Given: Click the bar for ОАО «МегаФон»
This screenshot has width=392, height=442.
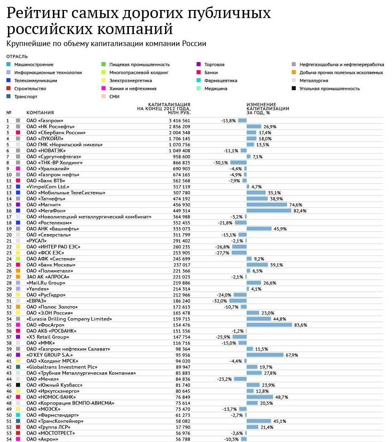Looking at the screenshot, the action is point(269,210).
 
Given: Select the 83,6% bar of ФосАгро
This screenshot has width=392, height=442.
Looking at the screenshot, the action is point(269,325).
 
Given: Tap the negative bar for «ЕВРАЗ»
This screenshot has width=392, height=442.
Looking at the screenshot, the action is point(238,301).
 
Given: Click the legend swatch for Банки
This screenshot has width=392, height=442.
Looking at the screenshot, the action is point(199,73).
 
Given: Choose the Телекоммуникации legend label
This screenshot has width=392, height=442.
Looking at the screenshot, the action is point(36,81).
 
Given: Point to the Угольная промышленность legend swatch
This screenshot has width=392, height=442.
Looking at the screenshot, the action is point(294,89).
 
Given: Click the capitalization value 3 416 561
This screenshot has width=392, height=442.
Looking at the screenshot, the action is point(179,121).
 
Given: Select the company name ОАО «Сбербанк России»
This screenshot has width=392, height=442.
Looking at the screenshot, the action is point(56,133).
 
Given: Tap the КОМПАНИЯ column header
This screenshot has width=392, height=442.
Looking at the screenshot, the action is point(40,113).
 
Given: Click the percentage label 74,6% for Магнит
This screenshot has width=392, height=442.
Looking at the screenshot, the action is point(296,205).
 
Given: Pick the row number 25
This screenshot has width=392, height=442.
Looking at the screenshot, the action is point(9,265).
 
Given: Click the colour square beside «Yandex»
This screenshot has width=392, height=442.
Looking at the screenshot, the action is point(18,289).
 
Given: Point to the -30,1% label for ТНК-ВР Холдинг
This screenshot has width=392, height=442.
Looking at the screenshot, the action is point(221,163).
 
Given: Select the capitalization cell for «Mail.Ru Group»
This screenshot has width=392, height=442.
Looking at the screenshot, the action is point(182,283).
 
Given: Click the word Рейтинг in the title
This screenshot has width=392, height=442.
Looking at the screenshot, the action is point(37,13).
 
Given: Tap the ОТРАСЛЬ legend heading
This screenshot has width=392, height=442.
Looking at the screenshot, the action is point(17,57).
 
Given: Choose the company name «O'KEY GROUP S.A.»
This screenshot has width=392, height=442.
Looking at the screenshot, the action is point(50,355).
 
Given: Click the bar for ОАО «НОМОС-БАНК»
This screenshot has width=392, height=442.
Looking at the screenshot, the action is point(260,397).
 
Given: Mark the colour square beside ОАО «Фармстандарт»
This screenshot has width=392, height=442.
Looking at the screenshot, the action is point(18,415).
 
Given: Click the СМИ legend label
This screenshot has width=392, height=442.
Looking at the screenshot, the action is point(115,97).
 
